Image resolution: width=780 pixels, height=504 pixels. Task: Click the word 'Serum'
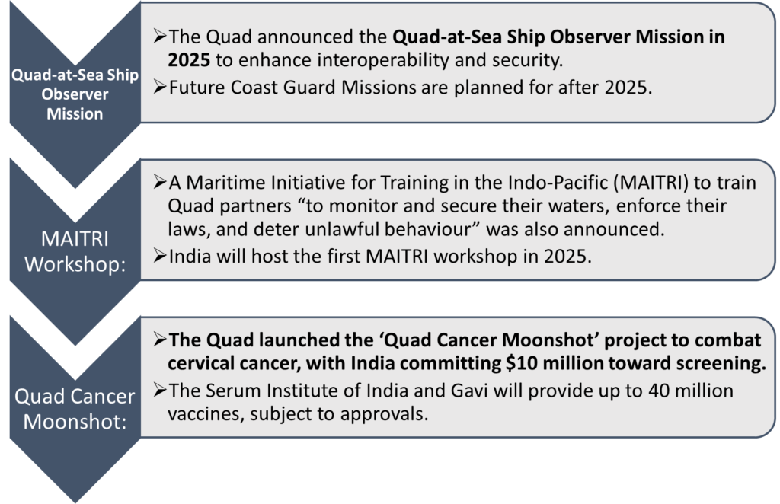(x=230, y=391)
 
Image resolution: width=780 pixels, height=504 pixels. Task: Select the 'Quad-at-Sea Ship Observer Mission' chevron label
(x=75, y=94)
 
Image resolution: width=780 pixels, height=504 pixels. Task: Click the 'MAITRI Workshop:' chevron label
(x=75, y=251)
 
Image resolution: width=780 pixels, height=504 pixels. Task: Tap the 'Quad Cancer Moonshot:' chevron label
(x=75, y=409)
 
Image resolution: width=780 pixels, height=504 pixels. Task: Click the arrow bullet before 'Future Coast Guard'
(x=160, y=88)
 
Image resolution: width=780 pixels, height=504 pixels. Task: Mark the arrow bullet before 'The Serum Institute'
(x=160, y=391)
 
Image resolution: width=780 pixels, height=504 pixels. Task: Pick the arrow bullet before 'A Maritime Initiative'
(x=160, y=183)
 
